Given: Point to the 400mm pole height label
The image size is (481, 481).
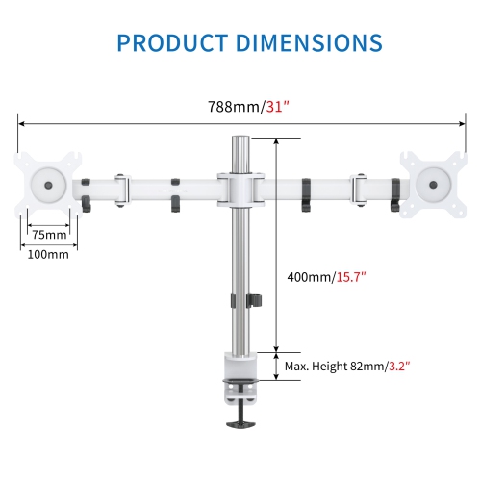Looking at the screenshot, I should point(311,277).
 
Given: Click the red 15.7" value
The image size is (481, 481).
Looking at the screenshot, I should point(351,277).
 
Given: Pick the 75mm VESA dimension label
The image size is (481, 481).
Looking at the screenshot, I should point(49,234).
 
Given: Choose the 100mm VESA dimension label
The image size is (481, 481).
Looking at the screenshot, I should point(49,254).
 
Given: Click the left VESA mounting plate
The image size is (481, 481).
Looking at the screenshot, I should point(46,182).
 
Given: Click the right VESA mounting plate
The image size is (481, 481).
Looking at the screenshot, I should point(434,182).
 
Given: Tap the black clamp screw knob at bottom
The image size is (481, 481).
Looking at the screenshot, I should point(240,421).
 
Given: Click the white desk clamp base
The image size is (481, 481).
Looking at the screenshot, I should point(240,371).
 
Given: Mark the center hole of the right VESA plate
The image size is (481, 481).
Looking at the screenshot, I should point(435,181).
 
